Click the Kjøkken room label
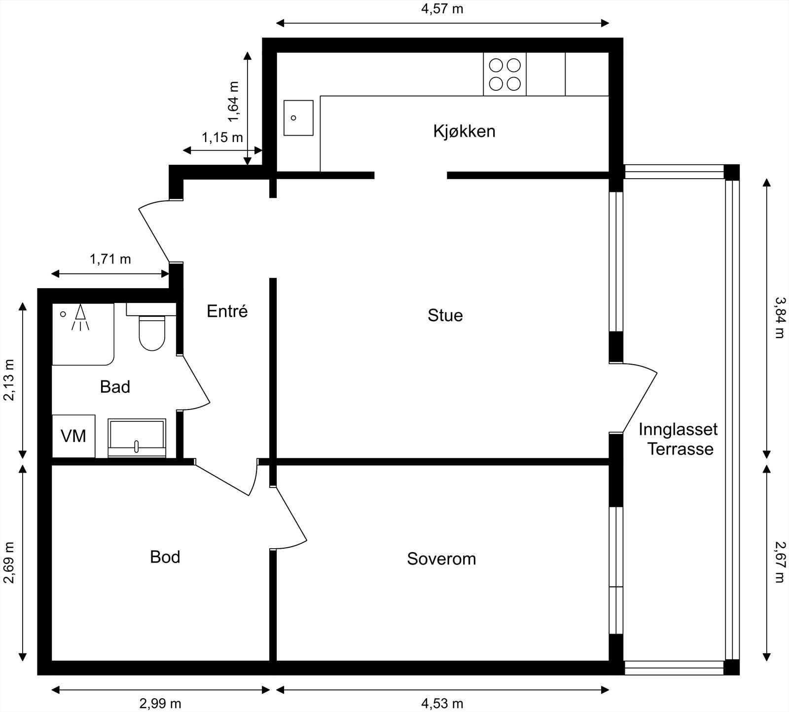tap(464, 131)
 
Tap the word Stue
tap(445, 315)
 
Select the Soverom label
tap(441, 559)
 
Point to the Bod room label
tap(165, 557)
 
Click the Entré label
tap(227, 311)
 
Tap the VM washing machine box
tap(73, 436)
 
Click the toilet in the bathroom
tap(152, 332)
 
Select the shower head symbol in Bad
tap(80, 317)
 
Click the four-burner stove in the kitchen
tap(504, 74)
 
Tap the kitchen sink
tap(298, 118)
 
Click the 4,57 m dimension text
tap(442, 9)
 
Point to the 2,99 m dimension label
tap(160, 703)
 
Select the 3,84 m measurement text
tap(779, 317)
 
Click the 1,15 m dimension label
tap(222, 137)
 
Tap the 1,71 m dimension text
tap(110, 259)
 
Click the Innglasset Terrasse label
tap(679, 439)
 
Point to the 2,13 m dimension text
tap(9, 379)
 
